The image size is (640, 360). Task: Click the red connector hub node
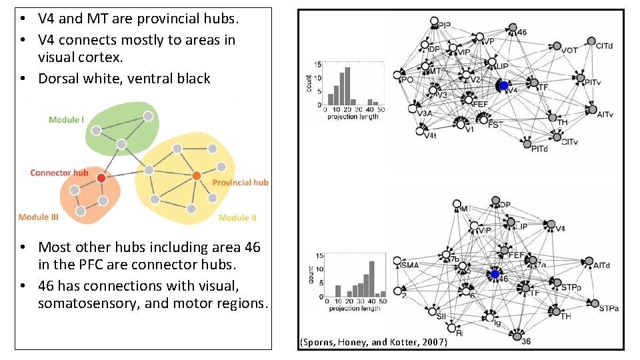101,178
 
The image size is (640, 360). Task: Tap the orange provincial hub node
196,175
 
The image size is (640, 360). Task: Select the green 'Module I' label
66,120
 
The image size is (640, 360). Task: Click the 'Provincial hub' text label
240,182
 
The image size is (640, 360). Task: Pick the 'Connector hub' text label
59,173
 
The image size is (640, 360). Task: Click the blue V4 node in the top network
503,85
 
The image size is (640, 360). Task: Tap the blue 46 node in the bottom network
494,274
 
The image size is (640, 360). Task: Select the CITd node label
603,46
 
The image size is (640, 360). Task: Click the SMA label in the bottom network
410,265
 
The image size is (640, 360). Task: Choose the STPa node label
608,308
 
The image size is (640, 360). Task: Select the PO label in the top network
407,79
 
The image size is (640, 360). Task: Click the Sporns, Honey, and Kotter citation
374,342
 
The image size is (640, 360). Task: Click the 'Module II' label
238,217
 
